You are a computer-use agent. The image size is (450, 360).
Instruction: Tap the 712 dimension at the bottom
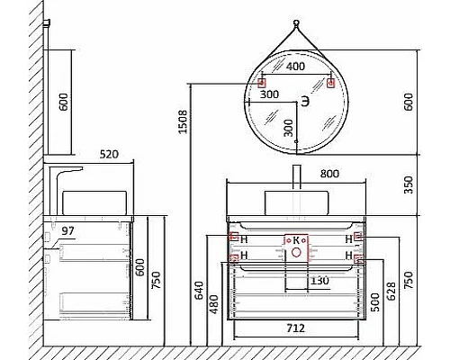[x=294, y=328]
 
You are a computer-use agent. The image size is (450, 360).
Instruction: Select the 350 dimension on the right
[x=409, y=185]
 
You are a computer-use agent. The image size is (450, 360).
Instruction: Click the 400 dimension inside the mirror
[x=295, y=67]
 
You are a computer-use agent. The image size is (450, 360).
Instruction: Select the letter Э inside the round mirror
[x=305, y=103]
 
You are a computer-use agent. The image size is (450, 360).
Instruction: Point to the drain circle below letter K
[x=295, y=254]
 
